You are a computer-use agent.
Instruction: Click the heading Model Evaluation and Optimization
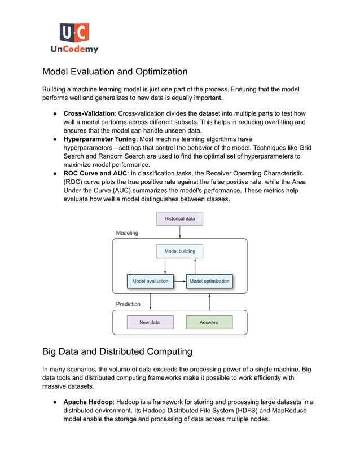click(x=115, y=72)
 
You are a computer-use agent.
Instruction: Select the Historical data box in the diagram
click(x=179, y=218)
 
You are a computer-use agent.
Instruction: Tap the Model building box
click(x=179, y=251)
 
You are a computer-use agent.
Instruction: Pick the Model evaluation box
click(x=150, y=281)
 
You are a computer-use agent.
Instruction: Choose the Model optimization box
click(x=209, y=281)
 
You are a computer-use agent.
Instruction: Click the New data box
click(x=150, y=323)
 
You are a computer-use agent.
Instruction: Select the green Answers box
click(x=209, y=323)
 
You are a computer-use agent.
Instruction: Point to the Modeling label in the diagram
click(x=127, y=232)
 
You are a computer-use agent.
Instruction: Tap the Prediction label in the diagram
click(x=128, y=304)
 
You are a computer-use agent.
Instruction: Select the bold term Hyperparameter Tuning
click(x=99, y=139)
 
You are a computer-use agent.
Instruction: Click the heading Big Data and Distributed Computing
click(x=117, y=351)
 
